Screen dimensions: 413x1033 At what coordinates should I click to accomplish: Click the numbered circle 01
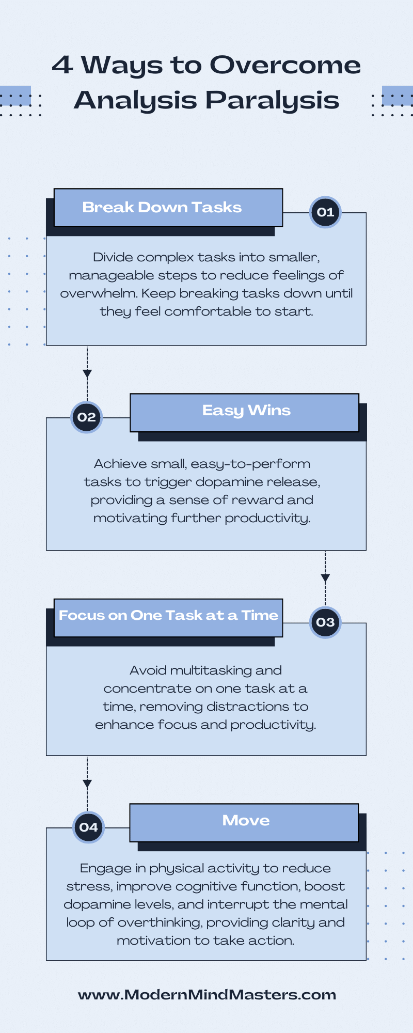click(x=325, y=212)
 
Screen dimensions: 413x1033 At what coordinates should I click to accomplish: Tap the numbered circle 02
click(x=87, y=417)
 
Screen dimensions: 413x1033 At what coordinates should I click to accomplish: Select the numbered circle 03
click(x=325, y=622)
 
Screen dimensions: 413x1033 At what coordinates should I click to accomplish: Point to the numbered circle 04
click(x=88, y=827)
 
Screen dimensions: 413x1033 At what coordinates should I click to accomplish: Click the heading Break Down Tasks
click(x=162, y=207)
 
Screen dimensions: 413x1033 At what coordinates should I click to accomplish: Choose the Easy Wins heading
click(x=246, y=411)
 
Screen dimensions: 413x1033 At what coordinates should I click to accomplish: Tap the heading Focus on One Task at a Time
click(x=168, y=615)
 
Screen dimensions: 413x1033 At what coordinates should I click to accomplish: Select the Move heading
click(x=246, y=820)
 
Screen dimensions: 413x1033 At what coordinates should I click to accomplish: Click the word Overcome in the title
click(x=285, y=65)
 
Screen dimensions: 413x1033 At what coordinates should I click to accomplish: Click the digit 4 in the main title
click(x=62, y=65)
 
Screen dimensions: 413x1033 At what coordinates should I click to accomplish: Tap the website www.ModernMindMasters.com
click(x=207, y=995)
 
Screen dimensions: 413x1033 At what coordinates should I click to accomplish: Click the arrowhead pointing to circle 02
click(x=87, y=374)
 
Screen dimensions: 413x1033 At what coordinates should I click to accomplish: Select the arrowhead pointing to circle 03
click(x=325, y=578)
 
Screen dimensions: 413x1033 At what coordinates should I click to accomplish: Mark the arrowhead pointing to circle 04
click(x=87, y=784)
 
